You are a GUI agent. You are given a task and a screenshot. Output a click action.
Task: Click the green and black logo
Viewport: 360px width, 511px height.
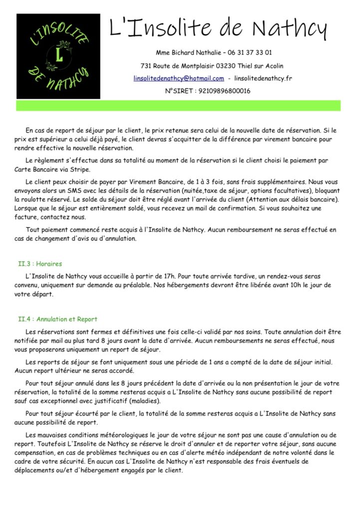(58, 56)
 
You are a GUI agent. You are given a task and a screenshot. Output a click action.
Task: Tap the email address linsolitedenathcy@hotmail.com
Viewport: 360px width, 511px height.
(179, 78)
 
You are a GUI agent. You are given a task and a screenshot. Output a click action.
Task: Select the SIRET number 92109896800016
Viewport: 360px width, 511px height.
(224, 91)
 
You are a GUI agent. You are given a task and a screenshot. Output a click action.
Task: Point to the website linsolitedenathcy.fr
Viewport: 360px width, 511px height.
(263, 78)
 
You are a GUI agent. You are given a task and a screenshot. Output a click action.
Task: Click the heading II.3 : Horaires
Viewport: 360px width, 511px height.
(40, 264)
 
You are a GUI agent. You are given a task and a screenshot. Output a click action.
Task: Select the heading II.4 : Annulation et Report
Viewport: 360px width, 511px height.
(57, 319)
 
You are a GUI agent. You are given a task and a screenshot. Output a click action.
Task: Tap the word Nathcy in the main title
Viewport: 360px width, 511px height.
(290, 28)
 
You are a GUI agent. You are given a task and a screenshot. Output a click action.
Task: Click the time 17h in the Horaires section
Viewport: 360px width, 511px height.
(171, 276)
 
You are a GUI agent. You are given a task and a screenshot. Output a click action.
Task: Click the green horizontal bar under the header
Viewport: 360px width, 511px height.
(178, 105)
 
